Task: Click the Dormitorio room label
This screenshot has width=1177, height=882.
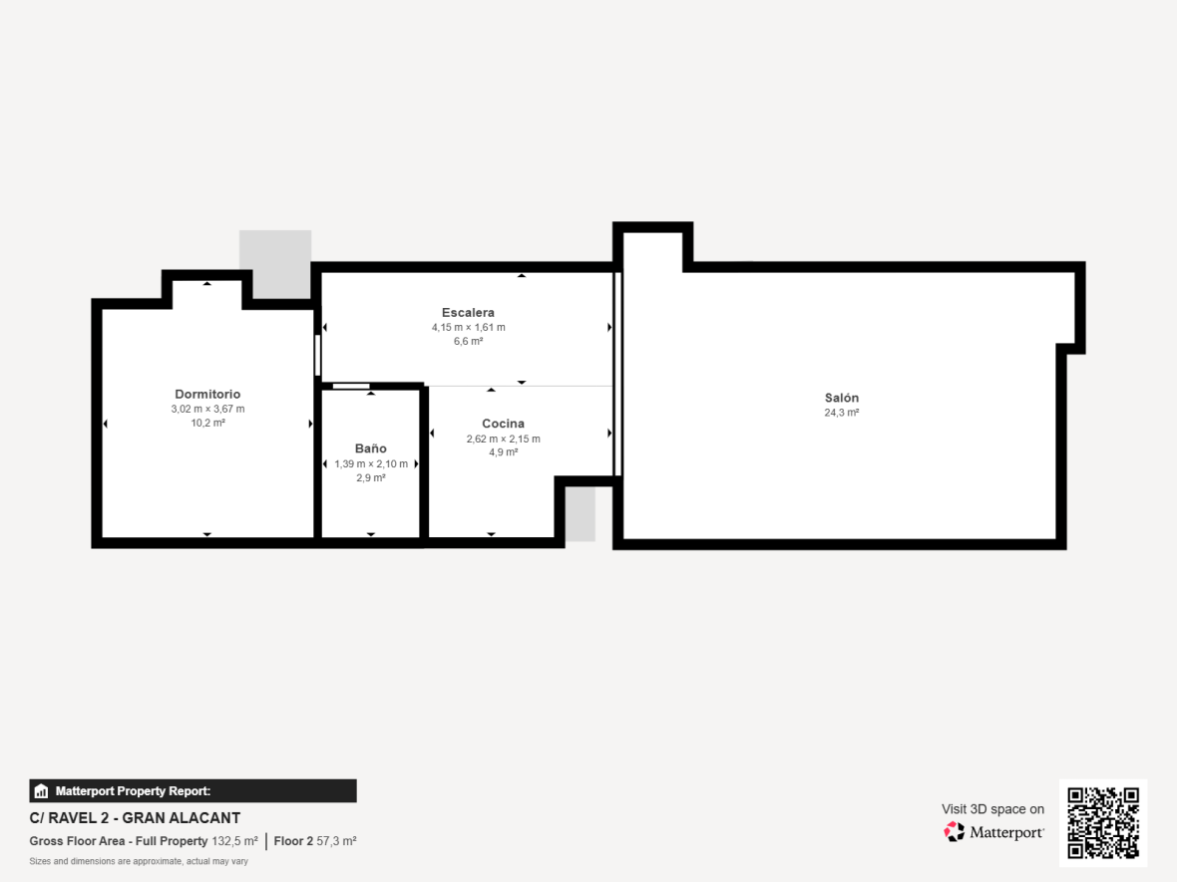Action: tap(207, 394)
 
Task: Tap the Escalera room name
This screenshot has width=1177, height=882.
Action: tap(468, 313)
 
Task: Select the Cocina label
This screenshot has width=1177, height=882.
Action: tap(503, 424)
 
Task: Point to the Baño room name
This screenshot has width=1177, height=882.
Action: tap(371, 448)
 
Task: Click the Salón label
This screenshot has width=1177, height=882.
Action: tap(842, 398)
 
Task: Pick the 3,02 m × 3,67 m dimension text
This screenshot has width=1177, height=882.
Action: tap(207, 409)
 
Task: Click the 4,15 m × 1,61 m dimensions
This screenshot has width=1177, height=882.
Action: tap(469, 327)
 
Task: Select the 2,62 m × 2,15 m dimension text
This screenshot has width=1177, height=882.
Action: tap(503, 439)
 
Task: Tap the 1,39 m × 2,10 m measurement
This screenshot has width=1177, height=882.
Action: tap(371, 463)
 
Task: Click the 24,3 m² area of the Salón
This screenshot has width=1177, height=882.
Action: tap(842, 413)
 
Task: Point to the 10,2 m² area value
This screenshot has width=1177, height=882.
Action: tap(207, 423)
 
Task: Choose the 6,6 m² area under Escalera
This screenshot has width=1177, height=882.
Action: tap(469, 341)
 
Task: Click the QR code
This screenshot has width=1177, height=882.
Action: tap(1103, 823)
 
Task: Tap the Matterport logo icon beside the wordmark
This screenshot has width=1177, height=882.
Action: tap(954, 832)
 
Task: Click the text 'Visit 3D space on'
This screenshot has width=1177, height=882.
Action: tap(992, 809)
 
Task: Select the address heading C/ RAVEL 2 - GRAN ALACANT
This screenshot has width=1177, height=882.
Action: tap(135, 818)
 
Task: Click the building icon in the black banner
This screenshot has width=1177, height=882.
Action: tap(41, 791)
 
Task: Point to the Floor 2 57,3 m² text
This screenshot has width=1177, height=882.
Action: tap(315, 841)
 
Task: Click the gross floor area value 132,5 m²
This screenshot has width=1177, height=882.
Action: tap(235, 841)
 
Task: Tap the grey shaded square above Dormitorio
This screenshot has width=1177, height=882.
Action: tap(275, 263)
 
